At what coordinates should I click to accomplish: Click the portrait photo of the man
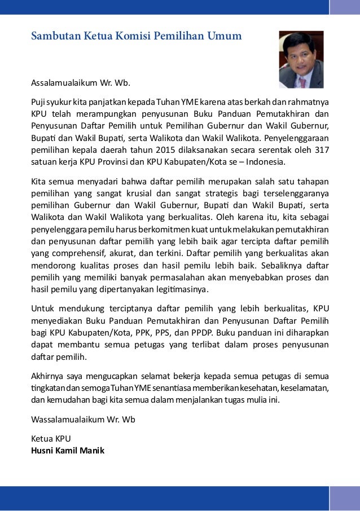pos(301,59)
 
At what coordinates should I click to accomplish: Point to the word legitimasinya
pos(180,290)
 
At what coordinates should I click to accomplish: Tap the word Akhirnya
pos(47,376)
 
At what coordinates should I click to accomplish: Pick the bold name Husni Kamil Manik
pos(67,451)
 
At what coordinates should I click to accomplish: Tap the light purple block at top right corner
pos(344,6)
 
